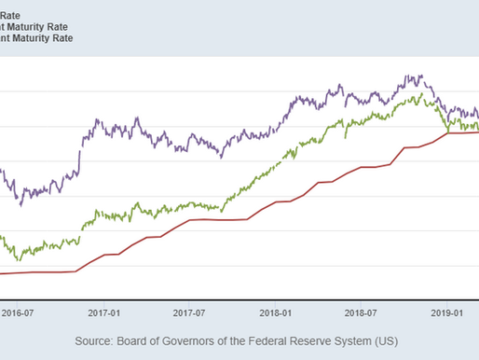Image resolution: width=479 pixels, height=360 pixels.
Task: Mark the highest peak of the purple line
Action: click(407, 76)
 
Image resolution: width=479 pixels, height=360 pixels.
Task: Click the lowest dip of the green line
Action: click(21, 257)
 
